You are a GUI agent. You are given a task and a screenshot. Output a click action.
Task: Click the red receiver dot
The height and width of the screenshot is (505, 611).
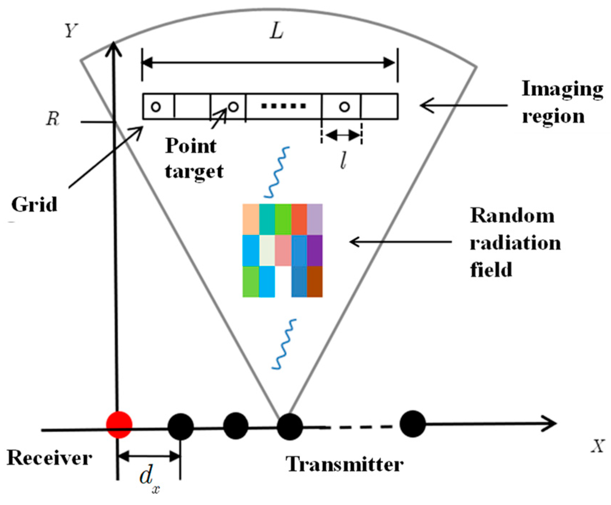[x=119, y=425]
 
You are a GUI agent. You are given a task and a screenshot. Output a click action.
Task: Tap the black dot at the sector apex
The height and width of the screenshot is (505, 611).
[x=289, y=426]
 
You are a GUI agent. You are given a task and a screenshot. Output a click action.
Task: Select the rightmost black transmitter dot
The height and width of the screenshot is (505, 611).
[x=413, y=424]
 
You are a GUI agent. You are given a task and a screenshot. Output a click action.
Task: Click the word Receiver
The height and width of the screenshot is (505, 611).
[x=49, y=458]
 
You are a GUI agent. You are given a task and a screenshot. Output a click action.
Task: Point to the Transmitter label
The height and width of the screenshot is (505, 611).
[x=344, y=464]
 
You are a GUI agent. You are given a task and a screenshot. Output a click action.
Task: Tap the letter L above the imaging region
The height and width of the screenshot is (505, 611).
[x=277, y=32]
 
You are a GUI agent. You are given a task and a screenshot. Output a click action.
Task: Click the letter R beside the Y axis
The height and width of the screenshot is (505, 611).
[x=52, y=119]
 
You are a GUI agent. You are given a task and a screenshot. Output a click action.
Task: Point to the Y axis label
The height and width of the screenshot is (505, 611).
[x=71, y=31]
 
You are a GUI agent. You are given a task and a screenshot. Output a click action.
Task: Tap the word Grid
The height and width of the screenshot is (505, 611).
[x=34, y=205]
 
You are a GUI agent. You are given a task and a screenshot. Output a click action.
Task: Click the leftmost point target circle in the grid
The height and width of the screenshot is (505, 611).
[x=156, y=106]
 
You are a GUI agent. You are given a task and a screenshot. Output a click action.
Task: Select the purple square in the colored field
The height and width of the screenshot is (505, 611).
[x=315, y=251]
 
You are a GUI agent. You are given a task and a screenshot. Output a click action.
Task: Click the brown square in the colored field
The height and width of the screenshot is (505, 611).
[x=315, y=281]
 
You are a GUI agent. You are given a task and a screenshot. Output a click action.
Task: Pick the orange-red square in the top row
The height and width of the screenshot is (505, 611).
[x=299, y=219]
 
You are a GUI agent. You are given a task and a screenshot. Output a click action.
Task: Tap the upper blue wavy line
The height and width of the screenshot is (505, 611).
[x=277, y=172]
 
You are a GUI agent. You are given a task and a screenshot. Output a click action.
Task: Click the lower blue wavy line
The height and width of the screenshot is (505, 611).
[x=284, y=344]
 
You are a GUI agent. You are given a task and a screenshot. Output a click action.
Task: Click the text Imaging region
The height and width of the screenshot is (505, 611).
[x=561, y=102]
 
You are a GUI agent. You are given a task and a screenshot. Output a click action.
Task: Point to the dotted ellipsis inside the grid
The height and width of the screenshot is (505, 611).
[x=283, y=106]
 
